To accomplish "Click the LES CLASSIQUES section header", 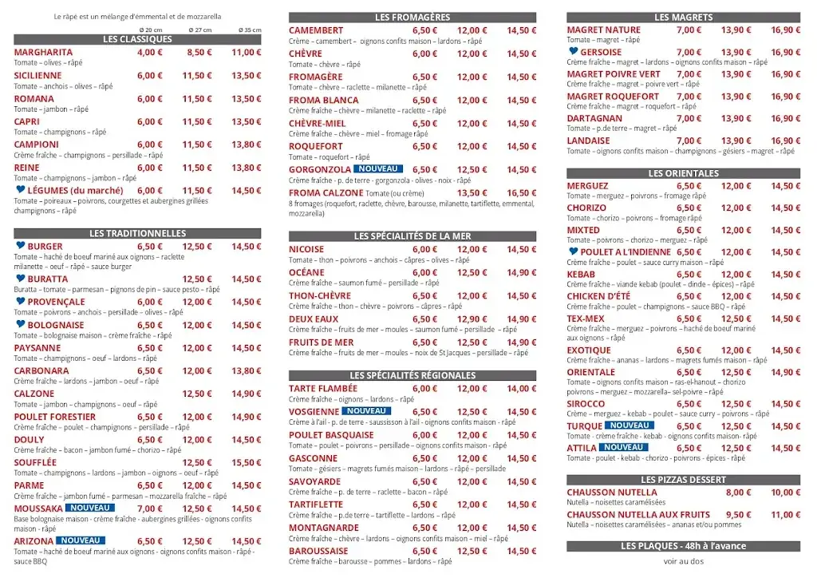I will point(137,39).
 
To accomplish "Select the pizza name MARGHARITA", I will point(43,53).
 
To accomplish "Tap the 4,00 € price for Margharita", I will point(149,53).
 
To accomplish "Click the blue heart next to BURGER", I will point(20,246).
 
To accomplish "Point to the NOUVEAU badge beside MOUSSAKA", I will point(90,508).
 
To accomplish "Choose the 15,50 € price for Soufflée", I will point(247,463).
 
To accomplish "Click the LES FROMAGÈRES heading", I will point(412,17).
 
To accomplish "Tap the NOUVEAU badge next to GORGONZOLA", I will point(378,169).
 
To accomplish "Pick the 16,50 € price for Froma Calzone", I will point(522,193).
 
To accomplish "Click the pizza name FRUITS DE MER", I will point(321,342).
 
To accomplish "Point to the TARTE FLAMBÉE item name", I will point(323,389).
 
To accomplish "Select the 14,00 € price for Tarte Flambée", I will point(522,389).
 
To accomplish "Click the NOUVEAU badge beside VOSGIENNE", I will point(367,411).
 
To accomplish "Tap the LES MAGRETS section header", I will point(683,17).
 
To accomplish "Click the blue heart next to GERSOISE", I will point(573,52).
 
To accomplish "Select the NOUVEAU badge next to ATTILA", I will point(624,448).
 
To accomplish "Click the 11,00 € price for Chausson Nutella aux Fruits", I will point(785,515).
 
